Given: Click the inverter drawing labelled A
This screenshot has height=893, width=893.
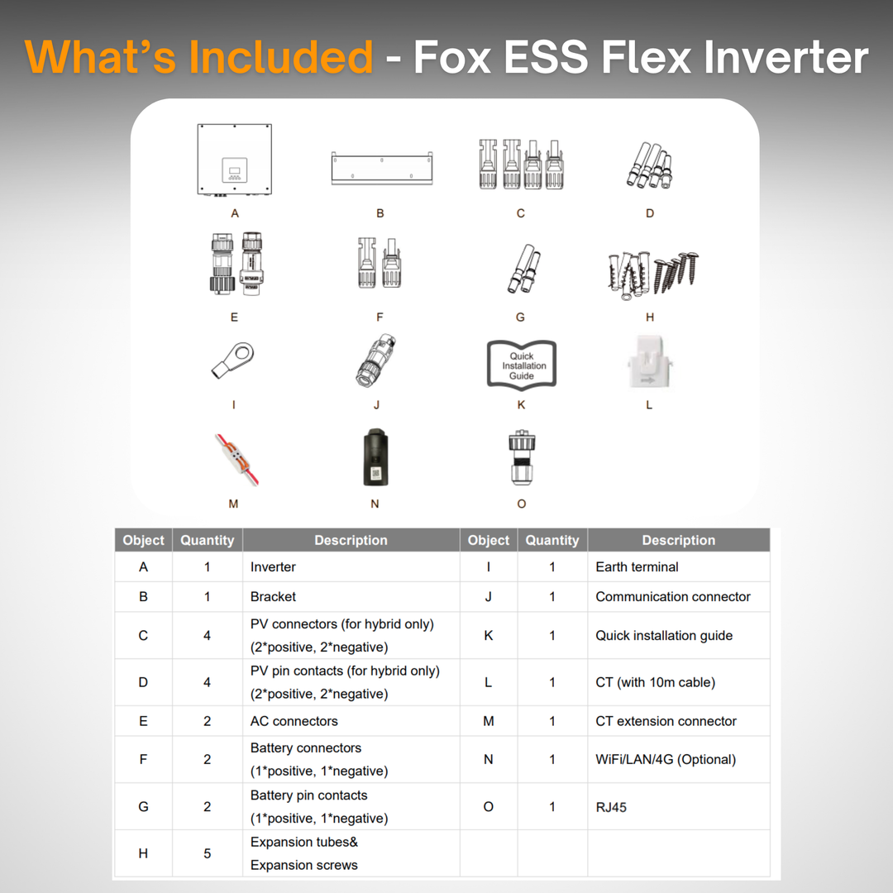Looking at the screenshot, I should point(235,160).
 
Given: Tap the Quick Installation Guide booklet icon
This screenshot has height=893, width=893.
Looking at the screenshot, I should point(522,365).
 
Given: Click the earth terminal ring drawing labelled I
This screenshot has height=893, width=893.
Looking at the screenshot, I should point(232,362).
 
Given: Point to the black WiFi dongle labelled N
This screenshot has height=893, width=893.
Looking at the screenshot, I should point(376,457).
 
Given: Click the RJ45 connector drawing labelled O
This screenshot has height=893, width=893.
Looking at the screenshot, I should point(521,457).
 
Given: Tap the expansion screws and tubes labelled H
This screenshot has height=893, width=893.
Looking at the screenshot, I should point(652,275).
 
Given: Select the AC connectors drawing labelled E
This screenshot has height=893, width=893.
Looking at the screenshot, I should point(235,264).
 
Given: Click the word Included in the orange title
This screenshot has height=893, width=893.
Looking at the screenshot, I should point(281,58).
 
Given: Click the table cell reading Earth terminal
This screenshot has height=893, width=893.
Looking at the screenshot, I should point(637,567).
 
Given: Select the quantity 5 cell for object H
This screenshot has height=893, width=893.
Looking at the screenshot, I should point(207,853).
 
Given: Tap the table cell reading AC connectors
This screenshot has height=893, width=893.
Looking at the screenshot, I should point(294,721).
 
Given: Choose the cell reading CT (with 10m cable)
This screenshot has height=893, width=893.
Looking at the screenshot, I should point(655,682).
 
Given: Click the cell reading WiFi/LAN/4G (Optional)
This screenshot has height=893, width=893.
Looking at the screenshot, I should point(666,759).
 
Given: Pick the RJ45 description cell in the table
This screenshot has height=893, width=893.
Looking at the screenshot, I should point(611,807).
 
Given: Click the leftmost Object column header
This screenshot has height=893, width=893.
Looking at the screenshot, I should point(143,540).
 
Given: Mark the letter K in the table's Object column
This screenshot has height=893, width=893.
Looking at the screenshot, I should point(488,636).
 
